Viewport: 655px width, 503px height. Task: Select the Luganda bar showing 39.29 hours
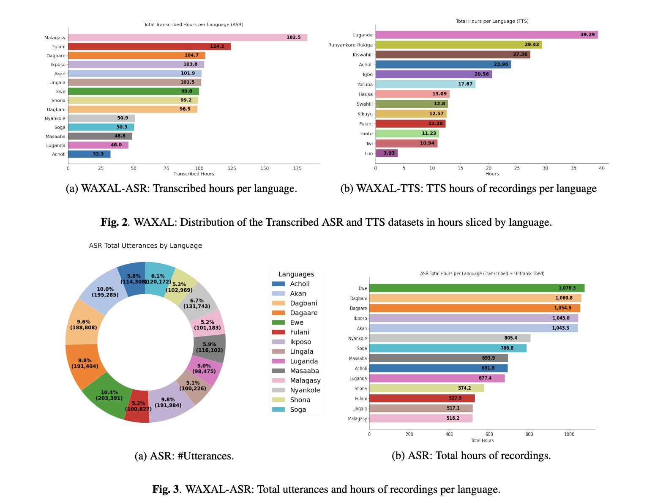point(486,35)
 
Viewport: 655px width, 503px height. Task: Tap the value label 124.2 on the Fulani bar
point(217,46)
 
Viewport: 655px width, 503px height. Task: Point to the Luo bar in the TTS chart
point(386,153)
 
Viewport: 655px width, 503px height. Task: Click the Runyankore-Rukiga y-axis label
point(350,45)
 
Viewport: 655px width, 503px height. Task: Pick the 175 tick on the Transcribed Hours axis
point(297,168)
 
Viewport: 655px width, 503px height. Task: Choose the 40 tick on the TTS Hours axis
point(602,168)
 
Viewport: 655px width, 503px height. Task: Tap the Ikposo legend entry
point(300,342)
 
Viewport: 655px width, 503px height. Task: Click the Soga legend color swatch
point(278,410)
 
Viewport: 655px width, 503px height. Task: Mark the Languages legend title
point(296,274)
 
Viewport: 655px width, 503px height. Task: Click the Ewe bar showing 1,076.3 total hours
point(476,288)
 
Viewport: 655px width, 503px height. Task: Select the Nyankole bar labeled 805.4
point(449,338)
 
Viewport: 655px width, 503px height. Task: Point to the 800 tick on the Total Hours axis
point(529,434)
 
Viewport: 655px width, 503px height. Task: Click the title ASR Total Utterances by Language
point(145,246)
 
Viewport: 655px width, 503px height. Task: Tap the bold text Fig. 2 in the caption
point(114,222)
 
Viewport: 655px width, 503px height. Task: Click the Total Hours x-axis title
point(482,440)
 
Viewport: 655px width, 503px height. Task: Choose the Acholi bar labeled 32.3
point(89,154)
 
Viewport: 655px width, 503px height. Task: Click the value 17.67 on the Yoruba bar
point(465,84)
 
